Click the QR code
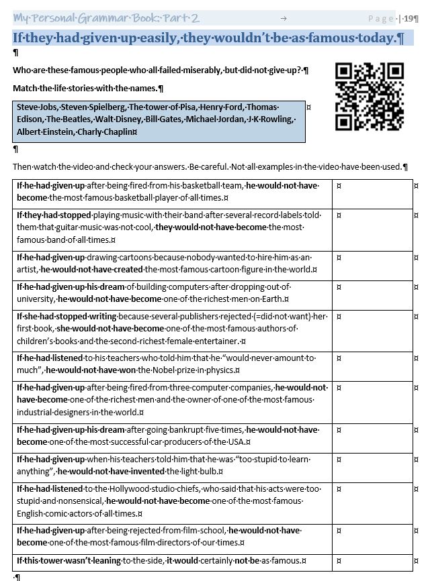pyautogui.click(x=369, y=96)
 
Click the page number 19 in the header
pyautogui.click(x=408, y=18)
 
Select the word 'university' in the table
pyautogui.click(x=36, y=299)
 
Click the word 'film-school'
pyautogui.click(x=202, y=531)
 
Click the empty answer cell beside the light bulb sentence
pyautogui.click(x=372, y=466)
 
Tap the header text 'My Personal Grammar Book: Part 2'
pyautogui.click(x=106, y=18)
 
